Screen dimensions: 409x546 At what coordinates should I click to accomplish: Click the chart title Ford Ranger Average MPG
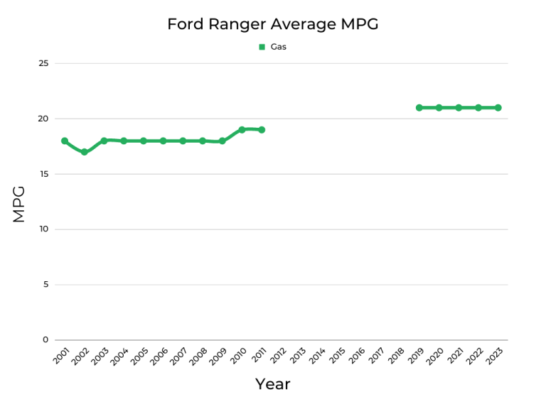(272, 24)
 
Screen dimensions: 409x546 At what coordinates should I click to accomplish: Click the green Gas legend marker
(262, 47)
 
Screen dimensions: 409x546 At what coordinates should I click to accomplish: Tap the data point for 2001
(65, 141)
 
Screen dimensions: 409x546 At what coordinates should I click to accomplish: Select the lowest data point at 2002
(84, 152)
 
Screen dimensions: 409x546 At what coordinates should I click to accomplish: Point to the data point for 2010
(242, 130)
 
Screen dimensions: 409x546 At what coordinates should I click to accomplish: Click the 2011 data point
(262, 130)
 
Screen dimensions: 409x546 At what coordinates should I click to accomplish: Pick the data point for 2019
(419, 108)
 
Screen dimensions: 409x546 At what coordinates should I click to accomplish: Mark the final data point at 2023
(498, 108)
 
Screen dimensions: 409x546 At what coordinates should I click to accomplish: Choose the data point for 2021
(459, 108)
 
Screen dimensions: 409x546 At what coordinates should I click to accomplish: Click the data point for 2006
(163, 141)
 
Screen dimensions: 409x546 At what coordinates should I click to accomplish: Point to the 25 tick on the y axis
(43, 63)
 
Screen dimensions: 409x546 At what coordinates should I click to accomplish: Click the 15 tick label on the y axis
(43, 174)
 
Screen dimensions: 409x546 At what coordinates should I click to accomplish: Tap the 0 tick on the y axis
(45, 339)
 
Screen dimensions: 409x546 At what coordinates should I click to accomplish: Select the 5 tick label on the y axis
(45, 285)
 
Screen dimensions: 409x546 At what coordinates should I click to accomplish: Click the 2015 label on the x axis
(337, 356)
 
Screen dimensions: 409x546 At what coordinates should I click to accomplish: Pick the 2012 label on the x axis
(278, 356)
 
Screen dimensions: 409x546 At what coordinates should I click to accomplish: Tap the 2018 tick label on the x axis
(396, 356)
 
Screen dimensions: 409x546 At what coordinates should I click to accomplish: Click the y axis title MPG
(19, 204)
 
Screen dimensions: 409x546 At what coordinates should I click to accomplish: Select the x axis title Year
(272, 384)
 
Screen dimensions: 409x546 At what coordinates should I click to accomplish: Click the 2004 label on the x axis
(121, 356)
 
